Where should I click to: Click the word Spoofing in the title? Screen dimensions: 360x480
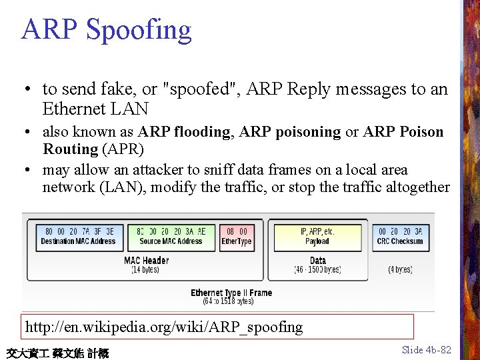coord(139,30)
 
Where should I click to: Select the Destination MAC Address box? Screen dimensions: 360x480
coord(78,237)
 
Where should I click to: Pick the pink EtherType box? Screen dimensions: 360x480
coord(237,237)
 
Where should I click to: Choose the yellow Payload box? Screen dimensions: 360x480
coord(317,237)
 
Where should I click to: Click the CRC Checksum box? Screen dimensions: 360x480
coord(400,237)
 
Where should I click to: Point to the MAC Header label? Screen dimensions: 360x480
coord(146,261)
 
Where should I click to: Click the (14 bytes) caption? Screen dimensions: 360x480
coord(145,270)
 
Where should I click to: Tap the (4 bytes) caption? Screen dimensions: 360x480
coord(400,270)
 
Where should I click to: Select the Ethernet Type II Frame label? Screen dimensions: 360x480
coord(231,293)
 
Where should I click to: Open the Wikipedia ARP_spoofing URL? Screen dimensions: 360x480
coord(164,327)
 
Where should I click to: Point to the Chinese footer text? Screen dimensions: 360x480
coord(57,353)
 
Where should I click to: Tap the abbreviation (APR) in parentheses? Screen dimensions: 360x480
coord(123,149)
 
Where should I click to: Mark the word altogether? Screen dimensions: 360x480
coord(418,187)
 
